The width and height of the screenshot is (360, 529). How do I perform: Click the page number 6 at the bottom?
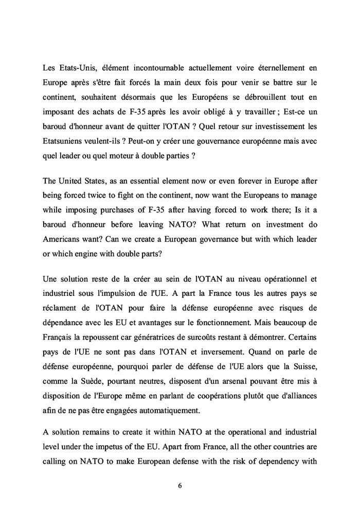point(180,485)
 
